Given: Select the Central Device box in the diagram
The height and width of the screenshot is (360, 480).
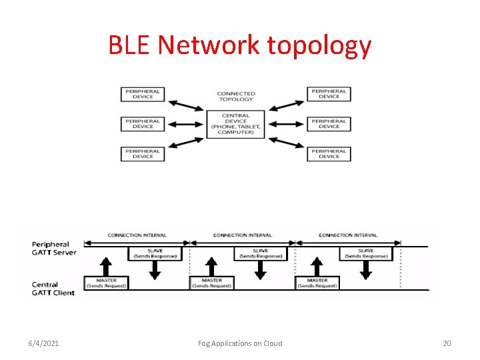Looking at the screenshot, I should (236, 124).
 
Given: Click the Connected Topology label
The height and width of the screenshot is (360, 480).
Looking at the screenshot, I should (236, 96).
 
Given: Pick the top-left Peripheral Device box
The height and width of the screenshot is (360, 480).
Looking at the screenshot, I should (143, 94).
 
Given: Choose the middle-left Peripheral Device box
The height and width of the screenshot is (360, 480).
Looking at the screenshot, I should (143, 124).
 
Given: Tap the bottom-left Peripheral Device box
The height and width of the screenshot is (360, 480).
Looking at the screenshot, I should (143, 153).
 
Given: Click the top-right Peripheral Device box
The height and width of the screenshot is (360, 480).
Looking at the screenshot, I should (329, 94).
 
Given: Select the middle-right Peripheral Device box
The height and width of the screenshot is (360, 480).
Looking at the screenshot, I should (329, 124).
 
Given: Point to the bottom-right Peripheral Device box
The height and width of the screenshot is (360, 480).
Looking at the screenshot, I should (329, 153).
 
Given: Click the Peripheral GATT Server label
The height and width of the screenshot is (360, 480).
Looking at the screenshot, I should (54, 248).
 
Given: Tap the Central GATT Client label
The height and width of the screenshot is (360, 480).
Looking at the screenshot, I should (53, 289).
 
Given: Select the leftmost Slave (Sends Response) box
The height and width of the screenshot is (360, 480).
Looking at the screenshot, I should (155, 253).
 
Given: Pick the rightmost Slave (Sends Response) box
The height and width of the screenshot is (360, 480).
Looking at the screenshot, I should (366, 253).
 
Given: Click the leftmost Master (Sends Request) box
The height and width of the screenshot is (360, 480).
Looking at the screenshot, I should (107, 283).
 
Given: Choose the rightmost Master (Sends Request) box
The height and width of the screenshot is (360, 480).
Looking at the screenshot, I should (317, 283).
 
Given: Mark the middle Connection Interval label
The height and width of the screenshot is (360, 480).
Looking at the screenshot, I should (242, 235).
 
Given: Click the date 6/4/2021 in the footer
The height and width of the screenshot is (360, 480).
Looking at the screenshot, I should (43, 343).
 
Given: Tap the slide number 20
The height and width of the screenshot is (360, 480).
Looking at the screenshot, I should (447, 343).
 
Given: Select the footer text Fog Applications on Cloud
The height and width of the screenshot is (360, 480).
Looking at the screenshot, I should (240, 343).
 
